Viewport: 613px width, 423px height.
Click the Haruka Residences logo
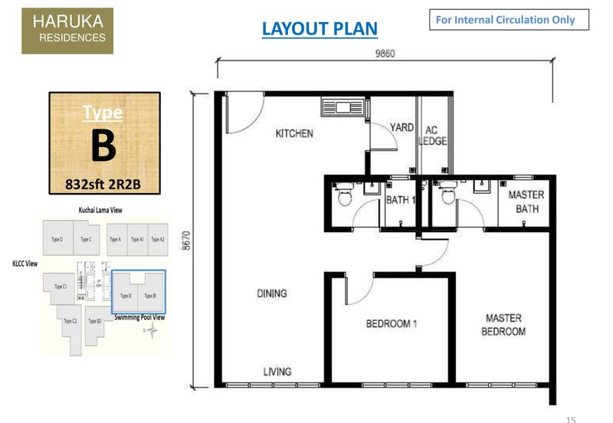(67, 31)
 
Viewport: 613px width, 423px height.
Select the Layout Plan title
(320, 29)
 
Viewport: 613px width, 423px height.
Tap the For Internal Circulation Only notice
(509, 20)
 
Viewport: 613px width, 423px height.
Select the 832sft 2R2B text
(104, 184)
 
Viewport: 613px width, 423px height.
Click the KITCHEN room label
(294, 133)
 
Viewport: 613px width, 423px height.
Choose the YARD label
(402, 128)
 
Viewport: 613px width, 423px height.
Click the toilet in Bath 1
(344, 198)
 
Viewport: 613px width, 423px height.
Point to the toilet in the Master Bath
(447, 198)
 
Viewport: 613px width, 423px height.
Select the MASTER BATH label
(526, 202)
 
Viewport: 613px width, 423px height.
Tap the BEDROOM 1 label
(391, 323)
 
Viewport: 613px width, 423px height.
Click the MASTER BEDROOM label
(503, 324)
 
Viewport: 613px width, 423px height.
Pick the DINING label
(272, 293)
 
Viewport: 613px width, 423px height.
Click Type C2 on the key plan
(70, 321)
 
